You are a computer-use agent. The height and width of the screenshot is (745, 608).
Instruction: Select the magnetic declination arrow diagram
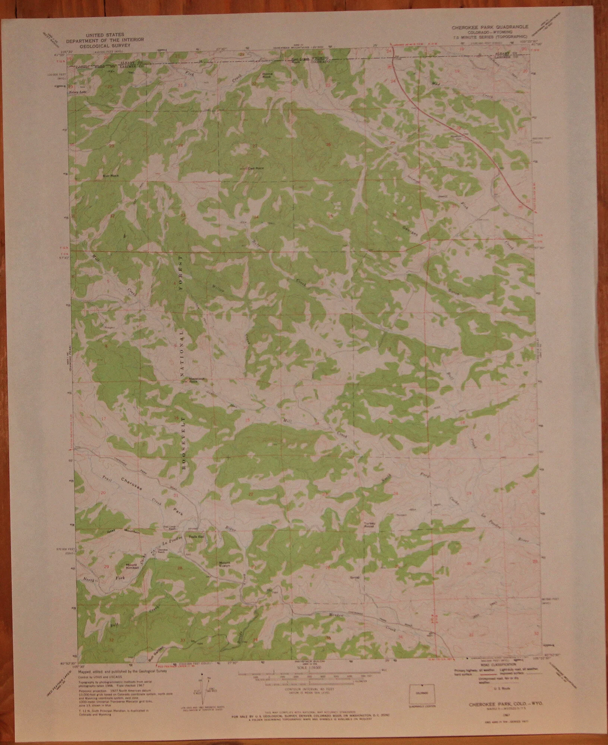203,689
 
